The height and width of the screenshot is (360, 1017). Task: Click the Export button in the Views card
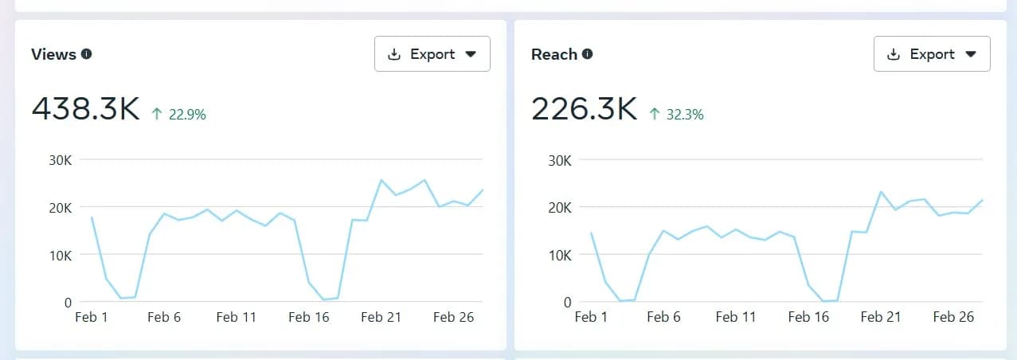click(x=432, y=54)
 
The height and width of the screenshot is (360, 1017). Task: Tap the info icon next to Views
click(x=86, y=54)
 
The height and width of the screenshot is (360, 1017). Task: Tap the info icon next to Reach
click(x=587, y=54)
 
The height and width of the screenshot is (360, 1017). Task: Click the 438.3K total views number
click(x=86, y=109)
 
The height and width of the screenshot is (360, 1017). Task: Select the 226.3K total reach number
click(x=585, y=109)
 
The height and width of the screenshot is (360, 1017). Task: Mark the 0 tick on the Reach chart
click(x=567, y=303)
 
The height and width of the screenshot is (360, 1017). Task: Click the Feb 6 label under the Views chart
click(x=164, y=317)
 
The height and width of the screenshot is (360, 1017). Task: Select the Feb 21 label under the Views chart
click(x=381, y=317)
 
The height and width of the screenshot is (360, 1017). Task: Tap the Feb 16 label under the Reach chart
click(x=808, y=317)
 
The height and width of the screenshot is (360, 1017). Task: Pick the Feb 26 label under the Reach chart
click(x=953, y=317)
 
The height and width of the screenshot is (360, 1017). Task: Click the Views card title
click(x=53, y=54)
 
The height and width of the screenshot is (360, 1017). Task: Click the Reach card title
click(x=554, y=54)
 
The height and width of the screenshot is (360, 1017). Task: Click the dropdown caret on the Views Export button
click(x=471, y=54)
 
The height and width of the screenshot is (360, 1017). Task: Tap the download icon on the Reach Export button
click(x=894, y=54)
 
